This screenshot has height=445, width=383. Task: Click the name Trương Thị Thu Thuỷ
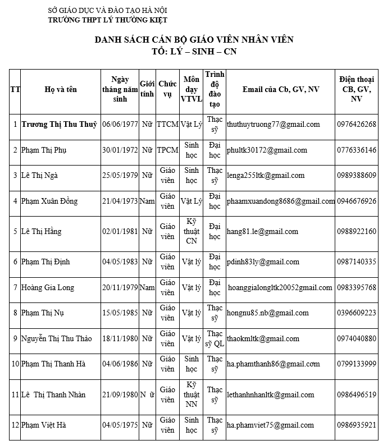tap(59, 125)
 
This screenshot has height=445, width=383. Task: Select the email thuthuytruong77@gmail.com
tap(273, 125)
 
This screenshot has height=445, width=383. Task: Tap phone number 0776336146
tap(357, 150)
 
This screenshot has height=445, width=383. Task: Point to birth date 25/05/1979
tap(120, 176)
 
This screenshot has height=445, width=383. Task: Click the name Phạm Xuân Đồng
tap(49, 201)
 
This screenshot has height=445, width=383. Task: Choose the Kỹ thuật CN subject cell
tap(191, 232)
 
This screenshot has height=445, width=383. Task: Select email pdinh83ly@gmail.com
tap(263, 262)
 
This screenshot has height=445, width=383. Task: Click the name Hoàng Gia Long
tap(47, 288)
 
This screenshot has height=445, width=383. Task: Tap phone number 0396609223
tap(357, 313)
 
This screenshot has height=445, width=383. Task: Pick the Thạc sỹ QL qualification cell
tap(215, 338)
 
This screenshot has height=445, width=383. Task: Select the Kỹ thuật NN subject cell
tap(191, 394)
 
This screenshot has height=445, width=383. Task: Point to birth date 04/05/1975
tap(120, 425)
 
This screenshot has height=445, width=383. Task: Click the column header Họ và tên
tap(61, 89)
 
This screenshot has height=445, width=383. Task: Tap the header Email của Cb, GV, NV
tap(281, 89)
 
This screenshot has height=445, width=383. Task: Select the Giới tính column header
tap(147, 89)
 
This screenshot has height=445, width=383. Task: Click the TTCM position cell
tap(167, 125)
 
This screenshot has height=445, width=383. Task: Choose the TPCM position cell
tap(167, 150)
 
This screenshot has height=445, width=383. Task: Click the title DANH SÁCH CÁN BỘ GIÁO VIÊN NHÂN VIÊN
tap(194, 39)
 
